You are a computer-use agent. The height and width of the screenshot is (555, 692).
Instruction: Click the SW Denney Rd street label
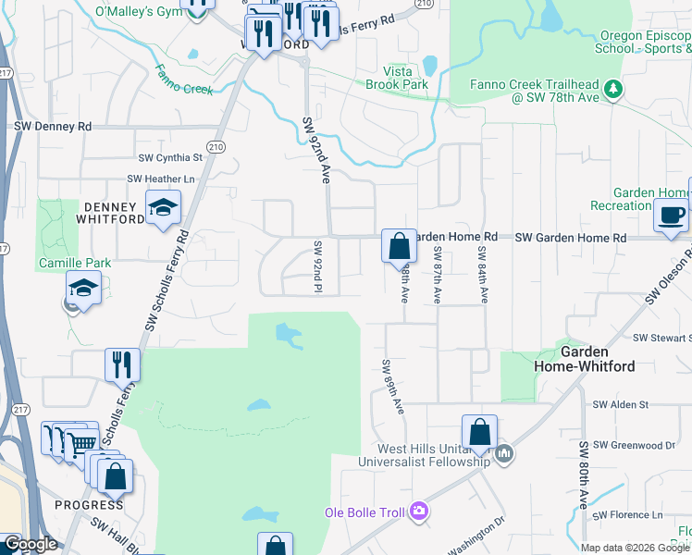[x=53, y=126]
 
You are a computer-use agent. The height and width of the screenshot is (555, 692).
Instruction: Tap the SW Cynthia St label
[x=170, y=158]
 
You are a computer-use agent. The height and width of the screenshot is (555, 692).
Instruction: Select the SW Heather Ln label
[x=162, y=179]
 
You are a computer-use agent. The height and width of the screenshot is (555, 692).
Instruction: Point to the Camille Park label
[x=75, y=263]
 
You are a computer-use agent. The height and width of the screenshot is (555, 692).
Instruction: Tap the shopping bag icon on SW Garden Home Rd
[x=399, y=247]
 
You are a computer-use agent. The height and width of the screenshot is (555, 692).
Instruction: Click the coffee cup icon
[x=671, y=216]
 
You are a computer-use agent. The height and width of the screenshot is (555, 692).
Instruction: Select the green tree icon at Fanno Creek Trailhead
[x=612, y=90]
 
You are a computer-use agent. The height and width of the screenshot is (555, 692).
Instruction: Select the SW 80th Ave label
[x=584, y=475]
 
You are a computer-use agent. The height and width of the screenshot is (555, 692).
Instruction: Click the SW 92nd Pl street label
[x=316, y=267]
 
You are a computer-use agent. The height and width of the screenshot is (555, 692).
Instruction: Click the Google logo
[x=31, y=545]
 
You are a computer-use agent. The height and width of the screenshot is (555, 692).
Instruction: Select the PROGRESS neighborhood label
[x=89, y=505]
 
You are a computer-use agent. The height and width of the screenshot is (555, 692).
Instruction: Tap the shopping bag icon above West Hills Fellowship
[x=479, y=432]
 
